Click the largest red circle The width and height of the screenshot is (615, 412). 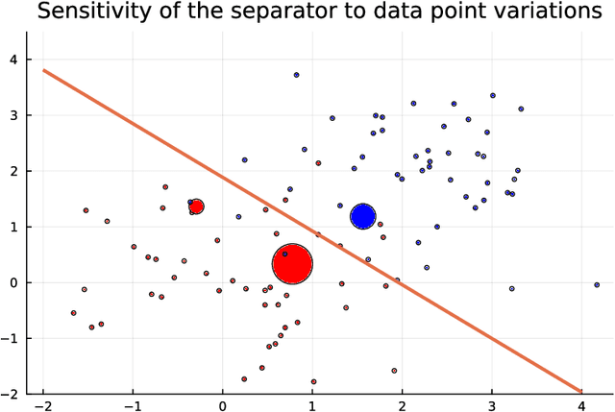coord(293,263)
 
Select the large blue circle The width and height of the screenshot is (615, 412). coord(362,216)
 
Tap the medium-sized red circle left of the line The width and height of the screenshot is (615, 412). coord(196,206)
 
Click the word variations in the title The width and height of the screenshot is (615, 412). coord(540,12)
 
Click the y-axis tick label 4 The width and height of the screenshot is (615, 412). coord(12,60)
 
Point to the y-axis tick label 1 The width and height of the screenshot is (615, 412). coord(12,227)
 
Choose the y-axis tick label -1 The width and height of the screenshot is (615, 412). coord(11,338)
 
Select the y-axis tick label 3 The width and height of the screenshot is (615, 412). coord(12,115)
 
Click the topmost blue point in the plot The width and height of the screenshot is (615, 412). coord(297,74)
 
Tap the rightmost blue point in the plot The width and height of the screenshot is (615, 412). coord(597,284)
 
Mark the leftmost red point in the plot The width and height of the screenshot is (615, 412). coord(74,313)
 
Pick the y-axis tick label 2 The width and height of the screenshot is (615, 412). coord(12,171)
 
